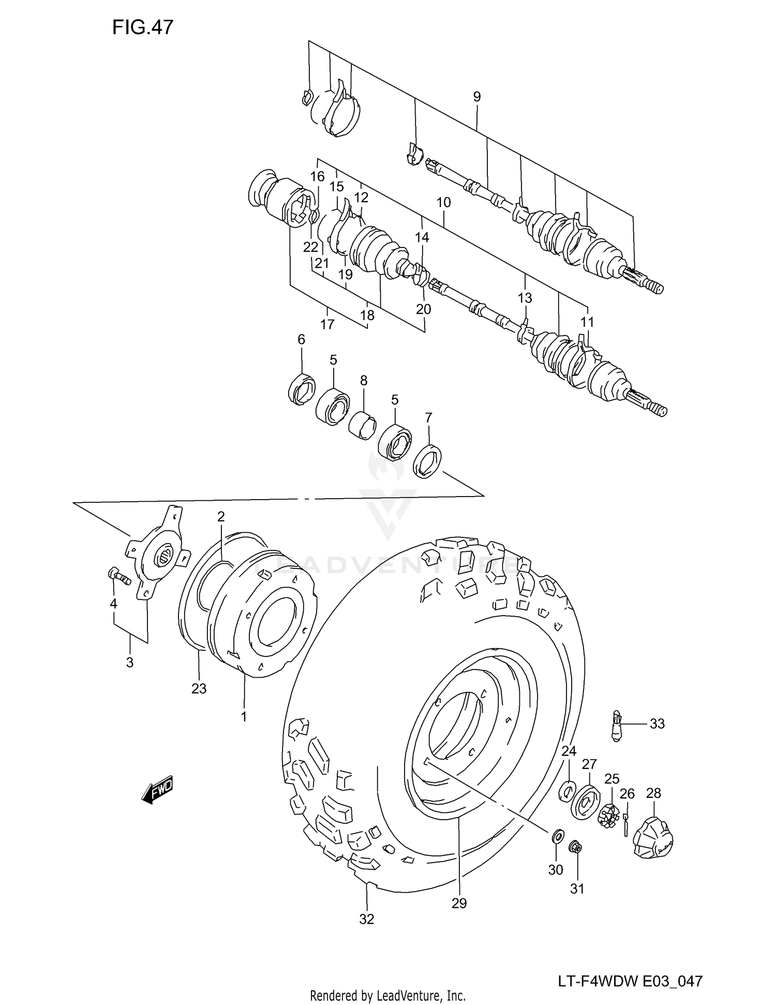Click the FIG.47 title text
[143, 27]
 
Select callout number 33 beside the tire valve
[656, 723]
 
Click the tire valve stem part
[616, 726]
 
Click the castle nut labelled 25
[608, 817]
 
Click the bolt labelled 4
[119, 576]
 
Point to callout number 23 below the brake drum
[199, 689]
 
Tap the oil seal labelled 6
[302, 388]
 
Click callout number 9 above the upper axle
[476, 96]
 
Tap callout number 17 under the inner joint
[327, 325]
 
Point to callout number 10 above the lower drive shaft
[443, 202]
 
